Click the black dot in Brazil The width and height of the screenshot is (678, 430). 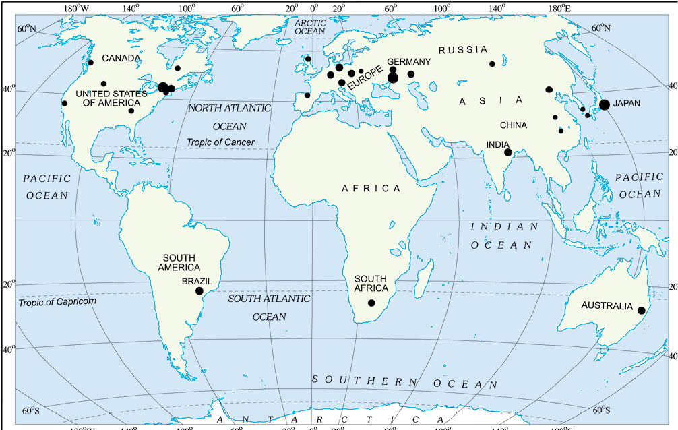click(x=199, y=290)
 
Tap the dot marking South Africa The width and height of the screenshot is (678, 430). click(x=371, y=303)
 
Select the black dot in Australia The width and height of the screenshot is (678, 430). click(x=642, y=310)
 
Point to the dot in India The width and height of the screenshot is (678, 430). click(x=507, y=152)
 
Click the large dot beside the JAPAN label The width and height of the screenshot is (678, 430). click(x=605, y=104)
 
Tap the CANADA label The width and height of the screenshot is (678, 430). click(x=121, y=59)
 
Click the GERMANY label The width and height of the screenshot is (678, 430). click(x=408, y=61)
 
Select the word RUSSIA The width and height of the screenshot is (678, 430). click(x=463, y=50)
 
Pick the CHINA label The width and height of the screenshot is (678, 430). click(x=514, y=125)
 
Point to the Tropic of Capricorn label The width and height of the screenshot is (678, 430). click(x=57, y=301)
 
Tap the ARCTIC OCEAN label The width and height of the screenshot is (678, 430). click(x=310, y=27)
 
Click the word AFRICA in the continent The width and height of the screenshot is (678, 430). click(x=371, y=189)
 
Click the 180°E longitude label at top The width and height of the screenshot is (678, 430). click(x=560, y=8)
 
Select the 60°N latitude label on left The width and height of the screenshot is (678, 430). click(x=26, y=29)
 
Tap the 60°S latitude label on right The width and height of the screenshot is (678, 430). click(x=601, y=410)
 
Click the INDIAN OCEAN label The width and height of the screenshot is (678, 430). click(x=505, y=236)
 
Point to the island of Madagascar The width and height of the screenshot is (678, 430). click(x=425, y=275)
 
